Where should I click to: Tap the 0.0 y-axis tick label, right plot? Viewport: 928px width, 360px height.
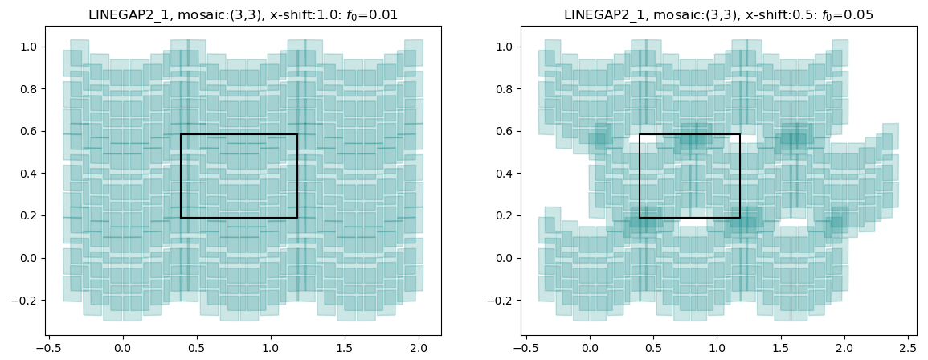click(497, 258)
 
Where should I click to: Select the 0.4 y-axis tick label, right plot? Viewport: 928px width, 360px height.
click(497, 174)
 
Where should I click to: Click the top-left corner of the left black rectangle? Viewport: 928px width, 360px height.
click(181, 134)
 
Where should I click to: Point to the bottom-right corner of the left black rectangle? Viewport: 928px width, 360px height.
click(297, 217)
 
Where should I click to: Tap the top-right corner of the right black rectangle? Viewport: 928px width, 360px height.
click(740, 134)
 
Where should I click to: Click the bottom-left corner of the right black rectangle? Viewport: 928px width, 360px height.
click(640, 217)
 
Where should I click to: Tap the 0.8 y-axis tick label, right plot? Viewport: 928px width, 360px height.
click(497, 89)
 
